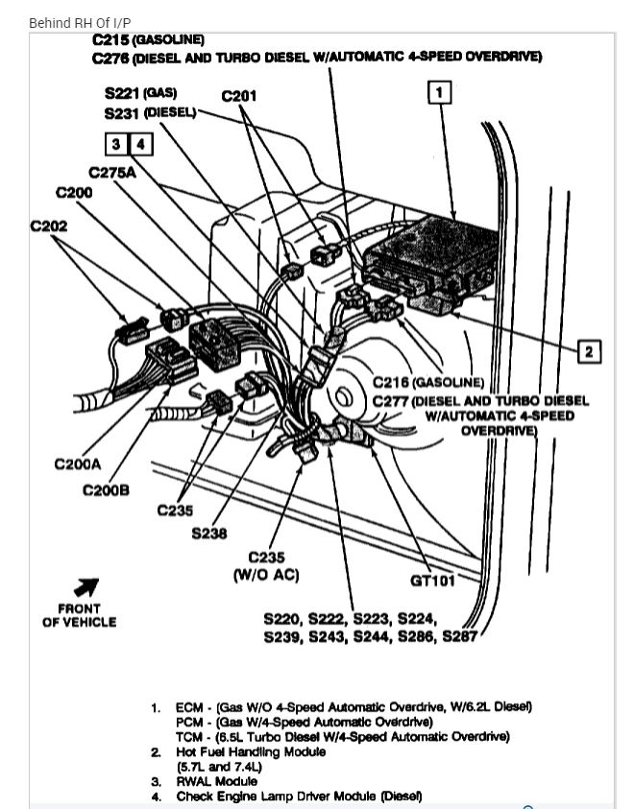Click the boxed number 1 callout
(x=439, y=92)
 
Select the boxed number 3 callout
(x=116, y=145)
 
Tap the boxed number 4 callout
(x=140, y=145)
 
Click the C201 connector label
(x=239, y=96)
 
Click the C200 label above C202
(x=74, y=192)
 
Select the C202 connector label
(x=49, y=227)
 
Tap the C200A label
(x=78, y=464)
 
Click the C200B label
(x=106, y=489)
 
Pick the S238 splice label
(x=209, y=534)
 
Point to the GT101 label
(x=432, y=579)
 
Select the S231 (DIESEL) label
(x=150, y=113)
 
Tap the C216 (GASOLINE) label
(x=428, y=382)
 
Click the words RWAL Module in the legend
(x=207, y=781)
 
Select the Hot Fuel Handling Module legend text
(x=250, y=751)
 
